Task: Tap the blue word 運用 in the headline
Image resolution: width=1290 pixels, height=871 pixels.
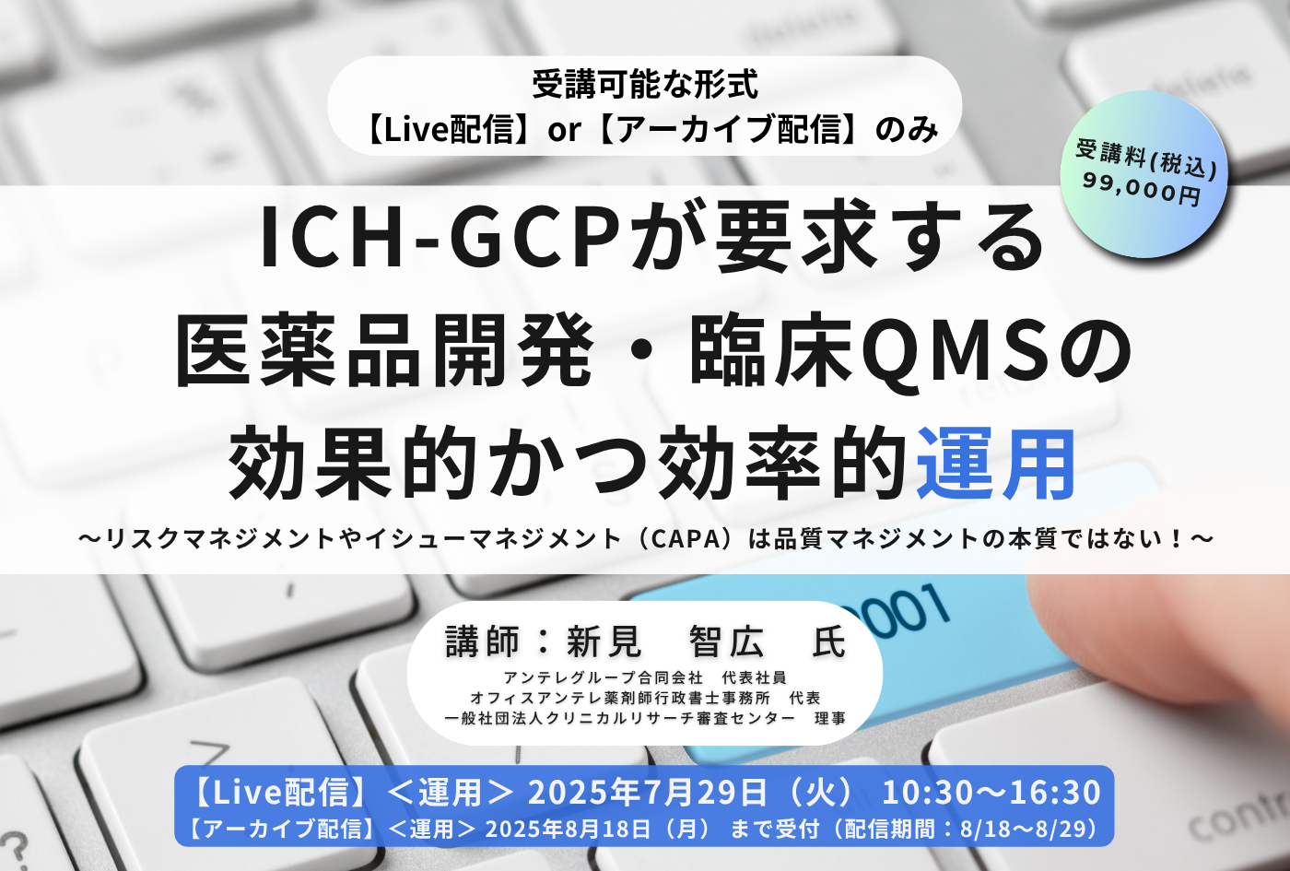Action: pyautogui.click(x=994, y=463)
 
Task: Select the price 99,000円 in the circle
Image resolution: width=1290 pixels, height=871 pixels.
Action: pyautogui.click(x=1142, y=189)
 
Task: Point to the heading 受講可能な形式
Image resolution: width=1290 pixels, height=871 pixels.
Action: pyautogui.click(x=645, y=85)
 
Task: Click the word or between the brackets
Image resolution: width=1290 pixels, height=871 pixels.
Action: pyautogui.click(x=564, y=130)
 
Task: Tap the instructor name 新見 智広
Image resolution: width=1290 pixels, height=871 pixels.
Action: pyautogui.click(x=665, y=641)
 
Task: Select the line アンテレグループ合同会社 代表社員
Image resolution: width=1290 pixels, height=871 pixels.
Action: pyautogui.click(x=644, y=677)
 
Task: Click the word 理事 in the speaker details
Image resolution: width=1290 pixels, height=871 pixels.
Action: pyautogui.click(x=830, y=718)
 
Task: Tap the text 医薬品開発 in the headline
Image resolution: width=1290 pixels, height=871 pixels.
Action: pyautogui.click(x=384, y=352)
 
